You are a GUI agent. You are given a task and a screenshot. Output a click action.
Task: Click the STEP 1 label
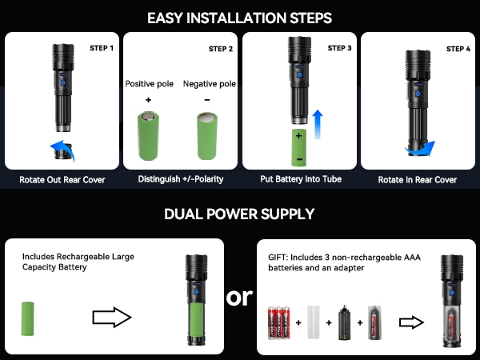(102, 48)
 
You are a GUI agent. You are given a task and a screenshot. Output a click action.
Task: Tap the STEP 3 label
(339, 48)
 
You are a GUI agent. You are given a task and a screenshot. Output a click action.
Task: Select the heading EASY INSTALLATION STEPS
(239, 18)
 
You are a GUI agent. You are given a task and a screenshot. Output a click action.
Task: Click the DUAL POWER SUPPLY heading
(239, 214)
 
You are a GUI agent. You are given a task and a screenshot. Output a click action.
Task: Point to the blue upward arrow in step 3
(318, 124)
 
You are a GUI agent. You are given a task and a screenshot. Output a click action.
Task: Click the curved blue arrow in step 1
(62, 150)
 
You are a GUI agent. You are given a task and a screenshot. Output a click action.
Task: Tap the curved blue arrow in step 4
(420, 149)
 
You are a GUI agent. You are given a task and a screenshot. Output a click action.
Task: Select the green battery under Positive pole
(148, 136)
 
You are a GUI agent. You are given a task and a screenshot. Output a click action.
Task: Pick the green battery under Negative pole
(207, 136)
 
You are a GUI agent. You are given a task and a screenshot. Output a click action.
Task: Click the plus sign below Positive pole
(148, 100)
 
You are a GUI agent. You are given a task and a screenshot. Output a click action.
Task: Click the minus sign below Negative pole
(207, 100)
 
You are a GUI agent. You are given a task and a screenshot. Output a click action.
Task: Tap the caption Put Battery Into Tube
(301, 178)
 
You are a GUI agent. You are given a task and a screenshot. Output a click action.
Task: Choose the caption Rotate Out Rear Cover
(62, 179)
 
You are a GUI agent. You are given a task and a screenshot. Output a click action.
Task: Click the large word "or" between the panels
(239, 297)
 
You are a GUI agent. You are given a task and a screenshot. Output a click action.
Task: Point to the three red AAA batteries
(279, 323)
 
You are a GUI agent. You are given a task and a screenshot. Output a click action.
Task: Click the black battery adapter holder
(345, 322)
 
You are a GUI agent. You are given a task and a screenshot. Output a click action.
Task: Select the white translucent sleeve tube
(313, 322)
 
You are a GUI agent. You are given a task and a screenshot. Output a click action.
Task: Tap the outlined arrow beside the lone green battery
(112, 317)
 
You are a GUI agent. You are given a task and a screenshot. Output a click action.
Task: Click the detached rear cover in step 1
(63, 152)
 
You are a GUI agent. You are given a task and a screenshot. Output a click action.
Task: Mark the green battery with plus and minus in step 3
(298, 148)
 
